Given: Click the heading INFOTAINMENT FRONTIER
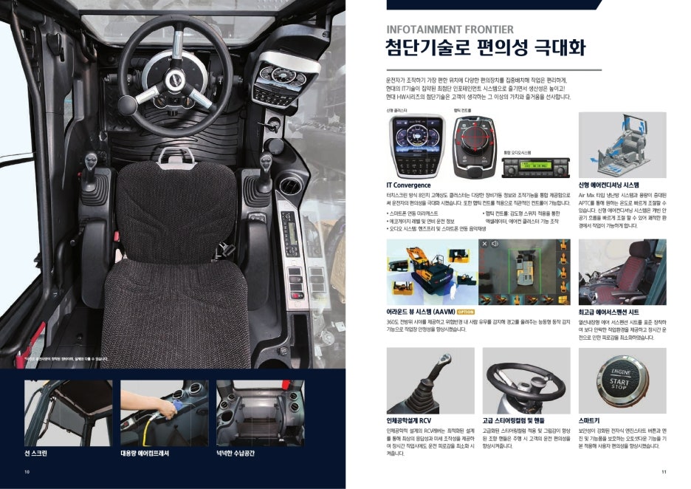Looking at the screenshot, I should tap(450, 30).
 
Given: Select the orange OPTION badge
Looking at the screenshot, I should tap(465, 312).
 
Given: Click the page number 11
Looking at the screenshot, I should tap(664, 471).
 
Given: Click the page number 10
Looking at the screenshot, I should tap(27, 471).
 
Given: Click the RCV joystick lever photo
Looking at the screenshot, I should tap(430, 381).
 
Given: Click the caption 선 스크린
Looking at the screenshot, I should tap(36, 452).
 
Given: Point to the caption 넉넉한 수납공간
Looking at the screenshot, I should tap(236, 452).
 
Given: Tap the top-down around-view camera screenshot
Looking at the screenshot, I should tap(524, 272).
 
